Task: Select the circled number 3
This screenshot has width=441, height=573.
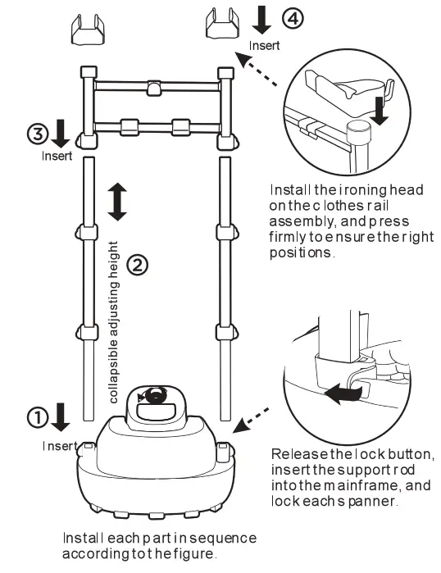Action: click(x=37, y=132)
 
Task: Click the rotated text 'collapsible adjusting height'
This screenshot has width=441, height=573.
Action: click(x=116, y=321)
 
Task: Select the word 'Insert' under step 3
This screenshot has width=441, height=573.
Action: click(x=57, y=154)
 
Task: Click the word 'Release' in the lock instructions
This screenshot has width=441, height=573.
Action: click(x=298, y=455)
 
